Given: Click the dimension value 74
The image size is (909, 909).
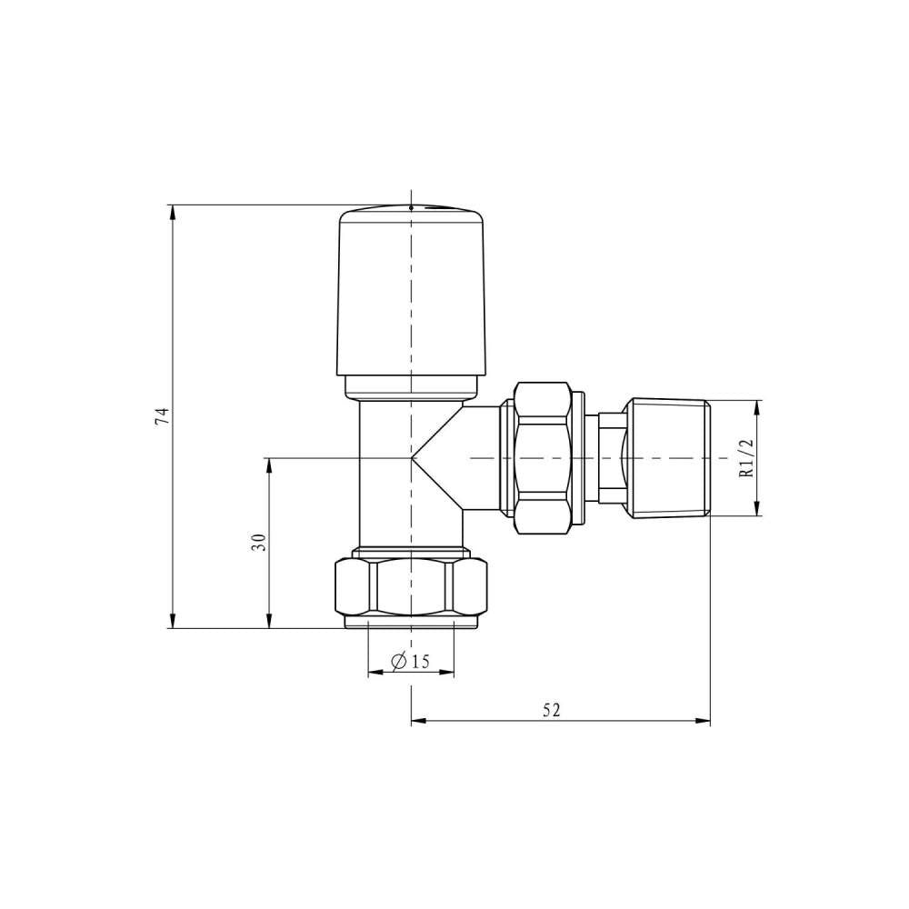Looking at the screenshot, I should pos(163,416).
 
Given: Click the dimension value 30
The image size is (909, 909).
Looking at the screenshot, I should pos(258,543).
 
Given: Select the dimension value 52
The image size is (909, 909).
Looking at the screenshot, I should pos(552,710).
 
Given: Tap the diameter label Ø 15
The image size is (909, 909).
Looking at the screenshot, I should pos(410,661).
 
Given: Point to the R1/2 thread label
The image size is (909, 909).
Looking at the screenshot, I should pos(747,458).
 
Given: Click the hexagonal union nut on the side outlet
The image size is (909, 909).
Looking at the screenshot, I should pos(545,457).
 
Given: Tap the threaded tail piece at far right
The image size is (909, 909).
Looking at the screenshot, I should pos(669,457).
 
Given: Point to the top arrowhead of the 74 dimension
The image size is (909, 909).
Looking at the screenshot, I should pos(172,211).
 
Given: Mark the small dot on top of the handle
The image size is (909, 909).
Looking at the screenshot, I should pos(411,207).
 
